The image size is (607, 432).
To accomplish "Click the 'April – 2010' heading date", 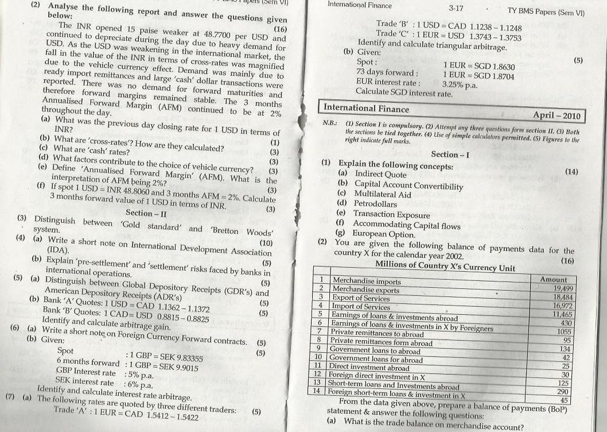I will [x=557, y=116].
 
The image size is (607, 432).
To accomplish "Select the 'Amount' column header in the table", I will [x=554, y=279].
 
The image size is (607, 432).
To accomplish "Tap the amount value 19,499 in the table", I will [x=562, y=288].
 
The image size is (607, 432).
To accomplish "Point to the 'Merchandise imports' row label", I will [x=367, y=281].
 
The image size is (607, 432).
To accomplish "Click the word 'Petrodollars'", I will [x=375, y=204].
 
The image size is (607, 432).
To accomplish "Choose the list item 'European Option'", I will [x=383, y=234].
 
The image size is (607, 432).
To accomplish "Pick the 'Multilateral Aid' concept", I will [x=382, y=194].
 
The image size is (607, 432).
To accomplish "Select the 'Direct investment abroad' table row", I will [x=369, y=368].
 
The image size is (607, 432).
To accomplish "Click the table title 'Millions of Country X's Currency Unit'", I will [x=445, y=267].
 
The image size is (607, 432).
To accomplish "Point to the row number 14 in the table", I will [x=317, y=391].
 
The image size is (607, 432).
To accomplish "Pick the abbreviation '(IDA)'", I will [x=58, y=250].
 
